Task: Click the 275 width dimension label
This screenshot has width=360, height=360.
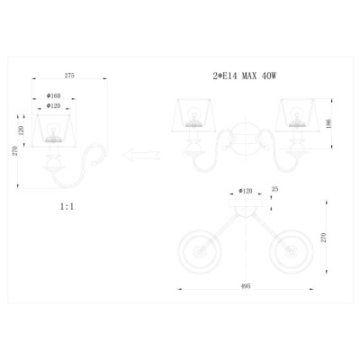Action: pyautogui.click(x=69, y=76)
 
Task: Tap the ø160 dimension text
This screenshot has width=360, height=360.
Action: pyautogui.click(x=54, y=95)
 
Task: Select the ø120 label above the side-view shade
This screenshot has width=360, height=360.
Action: pyautogui.click(x=54, y=105)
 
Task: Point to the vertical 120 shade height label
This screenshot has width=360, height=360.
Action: pyautogui.click(x=22, y=130)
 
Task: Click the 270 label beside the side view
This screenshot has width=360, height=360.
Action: pyautogui.click(x=15, y=150)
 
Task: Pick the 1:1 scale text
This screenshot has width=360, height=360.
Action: pyautogui.click(x=67, y=206)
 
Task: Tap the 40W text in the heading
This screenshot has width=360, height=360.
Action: pyautogui.click(x=269, y=76)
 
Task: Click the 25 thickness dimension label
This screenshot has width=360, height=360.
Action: pyautogui.click(x=274, y=189)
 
